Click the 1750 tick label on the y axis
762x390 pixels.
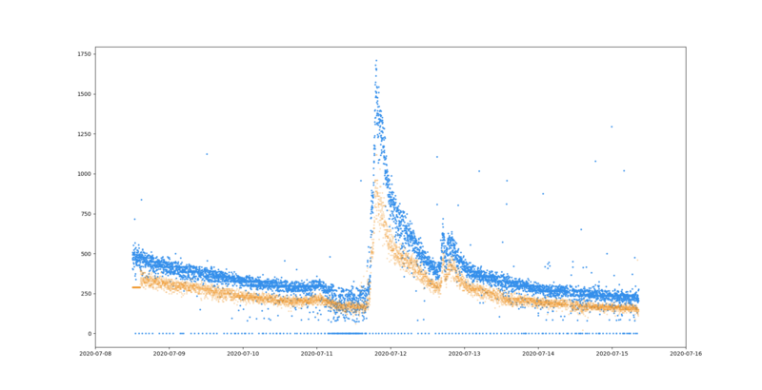pyautogui.click(x=86, y=54)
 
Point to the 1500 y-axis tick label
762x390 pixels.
pyautogui.click(x=86, y=94)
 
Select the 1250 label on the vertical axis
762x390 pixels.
pyautogui.click(x=86, y=134)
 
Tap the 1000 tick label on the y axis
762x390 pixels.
pyautogui.click(x=86, y=174)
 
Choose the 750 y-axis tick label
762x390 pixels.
pyautogui.click(x=87, y=214)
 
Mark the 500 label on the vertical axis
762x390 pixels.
pyautogui.click(x=87, y=254)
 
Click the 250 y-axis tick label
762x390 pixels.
pyautogui.click(x=87, y=294)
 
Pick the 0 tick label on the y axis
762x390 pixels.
pyautogui.click(x=90, y=334)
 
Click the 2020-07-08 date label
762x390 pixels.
pyautogui.click(x=95, y=354)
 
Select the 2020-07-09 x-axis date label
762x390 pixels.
pyautogui.click(x=170, y=354)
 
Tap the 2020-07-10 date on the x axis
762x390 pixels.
pyautogui.click(x=243, y=354)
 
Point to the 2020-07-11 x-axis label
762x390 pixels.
pyautogui.click(x=317, y=354)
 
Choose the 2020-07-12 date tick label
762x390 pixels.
pyautogui.click(x=391, y=354)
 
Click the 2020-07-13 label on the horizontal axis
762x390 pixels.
pyautogui.click(x=465, y=354)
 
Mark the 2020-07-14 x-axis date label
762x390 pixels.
pyautogui.click(x=538, y=354)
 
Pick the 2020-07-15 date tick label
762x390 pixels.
pyautogui.click(x=612, y=354)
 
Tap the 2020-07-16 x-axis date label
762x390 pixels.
pyautogui.click(x=686, y=354)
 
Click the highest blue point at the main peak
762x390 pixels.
pyautogui.click(x=376, y=61)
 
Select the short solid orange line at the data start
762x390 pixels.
pyautogui.click(x=136, y=287)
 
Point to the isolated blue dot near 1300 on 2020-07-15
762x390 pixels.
pyautogui.click(x=612, y=127)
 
